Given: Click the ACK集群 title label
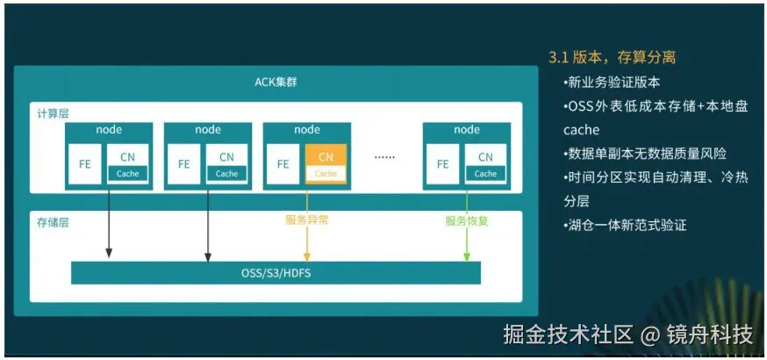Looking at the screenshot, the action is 276,82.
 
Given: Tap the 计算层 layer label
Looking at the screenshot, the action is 53,114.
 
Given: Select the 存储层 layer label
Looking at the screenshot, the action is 53,222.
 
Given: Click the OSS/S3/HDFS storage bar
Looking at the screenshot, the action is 276,273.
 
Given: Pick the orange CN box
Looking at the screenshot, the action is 326,164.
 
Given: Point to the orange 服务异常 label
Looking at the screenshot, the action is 306,220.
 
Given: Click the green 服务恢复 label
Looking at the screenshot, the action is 467,220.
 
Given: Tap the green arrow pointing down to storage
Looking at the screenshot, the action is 467,226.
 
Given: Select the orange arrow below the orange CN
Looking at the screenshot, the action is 306,226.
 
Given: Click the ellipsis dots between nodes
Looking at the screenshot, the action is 384,157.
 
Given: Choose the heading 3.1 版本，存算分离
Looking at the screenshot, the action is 612,58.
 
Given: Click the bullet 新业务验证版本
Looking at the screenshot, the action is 612,83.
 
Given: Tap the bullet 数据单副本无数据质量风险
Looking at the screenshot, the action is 645,154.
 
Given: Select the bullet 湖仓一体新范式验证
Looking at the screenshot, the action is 625,225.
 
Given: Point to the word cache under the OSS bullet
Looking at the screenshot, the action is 581,130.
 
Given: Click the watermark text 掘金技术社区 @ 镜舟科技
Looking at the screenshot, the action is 627,335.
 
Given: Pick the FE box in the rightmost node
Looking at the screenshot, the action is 442,164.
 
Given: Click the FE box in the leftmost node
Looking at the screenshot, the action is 85,164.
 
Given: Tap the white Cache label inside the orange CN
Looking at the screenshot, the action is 326,174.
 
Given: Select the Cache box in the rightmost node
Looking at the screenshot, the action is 485,174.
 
